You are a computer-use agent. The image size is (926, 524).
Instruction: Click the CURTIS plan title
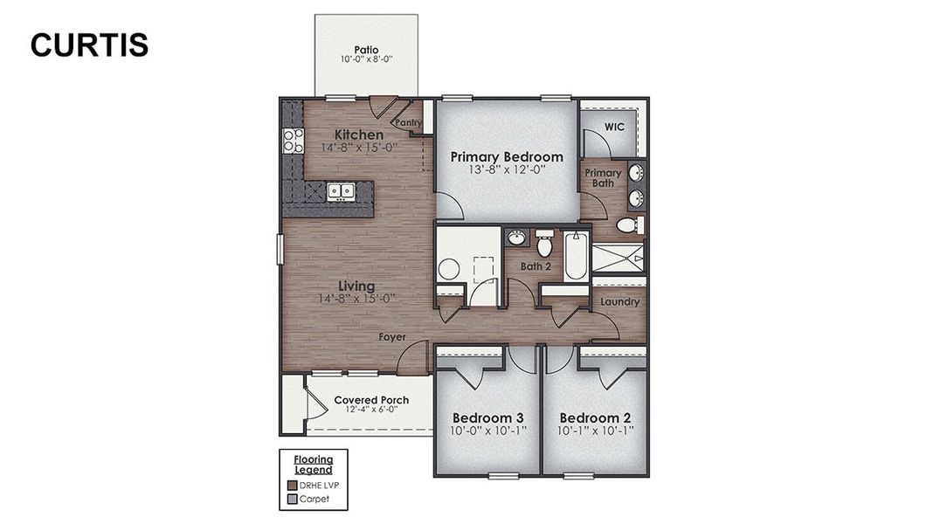click(x=89, y=45)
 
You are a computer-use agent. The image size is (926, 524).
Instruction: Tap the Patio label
click(x=366, y=50)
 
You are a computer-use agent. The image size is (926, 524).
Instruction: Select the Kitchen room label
click(x=359, y=134)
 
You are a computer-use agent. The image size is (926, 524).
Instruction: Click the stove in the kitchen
click(x=292, y=141)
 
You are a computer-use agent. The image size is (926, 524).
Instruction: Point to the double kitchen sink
click(x=340, y=190)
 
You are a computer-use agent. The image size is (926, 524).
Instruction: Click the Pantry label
click(x=409, y=123)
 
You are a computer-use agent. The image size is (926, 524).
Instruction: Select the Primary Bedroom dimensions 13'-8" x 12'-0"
click(x=507, y=171)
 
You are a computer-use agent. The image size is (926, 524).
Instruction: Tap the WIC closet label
click(x=615, y=127)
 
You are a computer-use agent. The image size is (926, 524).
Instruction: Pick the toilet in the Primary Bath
click(x=630, y=225)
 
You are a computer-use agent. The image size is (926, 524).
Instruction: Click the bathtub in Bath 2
click(x=576, y=256)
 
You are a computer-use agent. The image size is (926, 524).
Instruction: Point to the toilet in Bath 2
click(x=544, y=242)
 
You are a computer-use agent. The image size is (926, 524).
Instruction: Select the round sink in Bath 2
click(x=516, y=238)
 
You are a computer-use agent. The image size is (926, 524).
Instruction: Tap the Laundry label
click(x=620, y=302)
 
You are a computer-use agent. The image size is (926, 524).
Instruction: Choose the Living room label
click(x=357, y=286)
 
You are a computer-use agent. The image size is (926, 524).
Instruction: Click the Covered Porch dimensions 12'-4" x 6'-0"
click(x=371, y=409)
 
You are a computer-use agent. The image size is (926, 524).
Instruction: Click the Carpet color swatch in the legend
click(x=293, y=500)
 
